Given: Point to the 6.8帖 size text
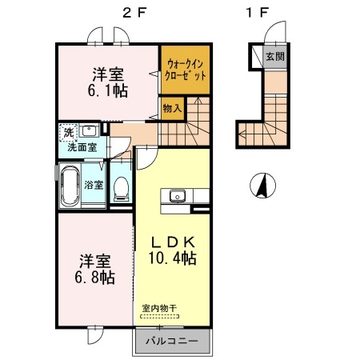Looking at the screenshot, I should point(95,278).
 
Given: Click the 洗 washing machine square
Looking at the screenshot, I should point(66,131).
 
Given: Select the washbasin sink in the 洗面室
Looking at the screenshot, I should point(90,131).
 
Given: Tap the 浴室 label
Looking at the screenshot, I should point(94,185).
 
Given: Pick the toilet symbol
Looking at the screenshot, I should point(121,186).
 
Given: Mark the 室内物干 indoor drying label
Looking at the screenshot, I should point(159,307).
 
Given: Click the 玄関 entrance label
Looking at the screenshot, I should point(275,56).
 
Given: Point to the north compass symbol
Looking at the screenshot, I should point(261,186).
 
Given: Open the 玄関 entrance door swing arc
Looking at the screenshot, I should point(273,33).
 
